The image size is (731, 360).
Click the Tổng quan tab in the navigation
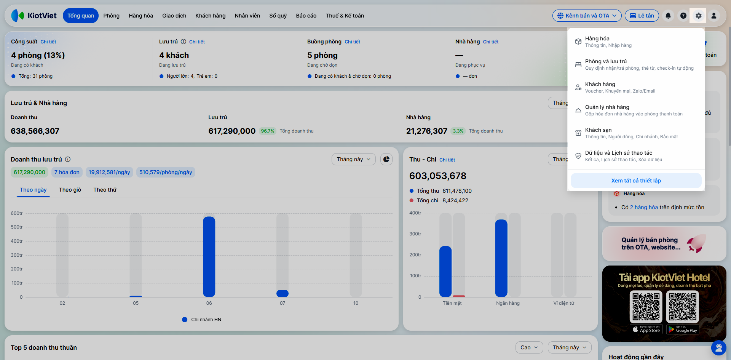click(81, 16)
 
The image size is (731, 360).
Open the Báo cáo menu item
click(306, 16)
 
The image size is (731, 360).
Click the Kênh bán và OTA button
click(587, 16)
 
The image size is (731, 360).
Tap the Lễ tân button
click(642, 16)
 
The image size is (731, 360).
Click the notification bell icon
click(668, 16)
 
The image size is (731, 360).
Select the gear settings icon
click(698, 16)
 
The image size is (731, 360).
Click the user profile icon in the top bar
click(714, 16)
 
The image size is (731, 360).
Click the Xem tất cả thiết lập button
click(636, 181)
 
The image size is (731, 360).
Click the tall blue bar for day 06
click(209, 257)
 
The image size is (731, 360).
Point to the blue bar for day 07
click(283, 293)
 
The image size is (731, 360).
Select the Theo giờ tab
click(70, 190)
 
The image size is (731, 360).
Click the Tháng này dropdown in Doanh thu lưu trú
click(354, 159)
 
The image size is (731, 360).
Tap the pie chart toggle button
click(386, 159)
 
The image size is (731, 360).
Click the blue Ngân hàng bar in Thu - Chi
click(501, 258)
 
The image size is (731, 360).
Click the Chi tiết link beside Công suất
click(48, 42)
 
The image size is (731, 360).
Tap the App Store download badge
click(646, 330)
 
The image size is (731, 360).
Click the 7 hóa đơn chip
click(67, 172)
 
